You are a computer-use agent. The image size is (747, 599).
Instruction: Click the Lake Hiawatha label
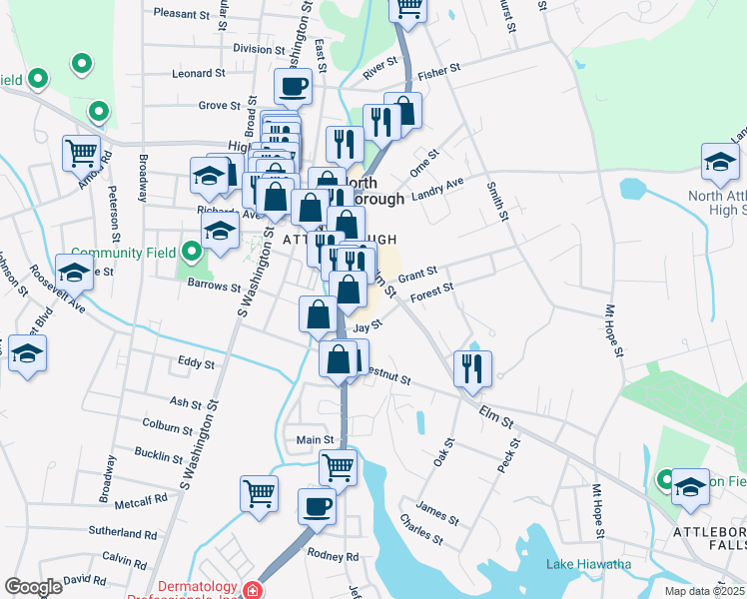click(588, 565)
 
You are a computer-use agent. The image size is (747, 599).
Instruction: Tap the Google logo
click(33, 587)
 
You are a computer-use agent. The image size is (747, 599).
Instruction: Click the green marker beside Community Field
click(192, 252)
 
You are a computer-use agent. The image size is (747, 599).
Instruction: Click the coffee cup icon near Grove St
click(293, 88)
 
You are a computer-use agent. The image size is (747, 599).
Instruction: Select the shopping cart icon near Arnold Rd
click(81, 153)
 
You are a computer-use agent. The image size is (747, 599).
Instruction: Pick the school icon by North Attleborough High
click(720, 160)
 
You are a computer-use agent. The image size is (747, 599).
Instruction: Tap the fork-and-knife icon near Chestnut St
click(472, 367)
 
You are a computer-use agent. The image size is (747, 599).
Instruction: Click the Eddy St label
click(195, 364)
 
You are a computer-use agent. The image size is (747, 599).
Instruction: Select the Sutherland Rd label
click(123, 533)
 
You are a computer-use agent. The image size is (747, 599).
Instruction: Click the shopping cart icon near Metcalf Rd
click(259, 492)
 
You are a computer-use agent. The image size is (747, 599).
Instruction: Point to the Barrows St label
click(215, 287)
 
